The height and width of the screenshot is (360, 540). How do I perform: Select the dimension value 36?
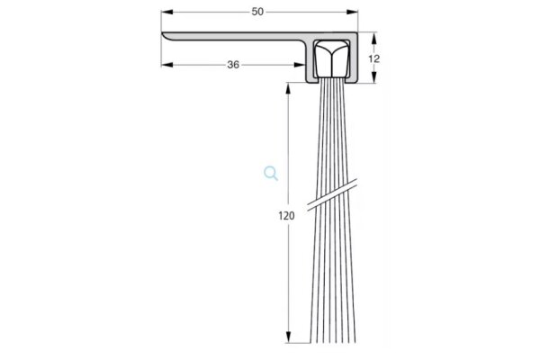coord(232,64)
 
